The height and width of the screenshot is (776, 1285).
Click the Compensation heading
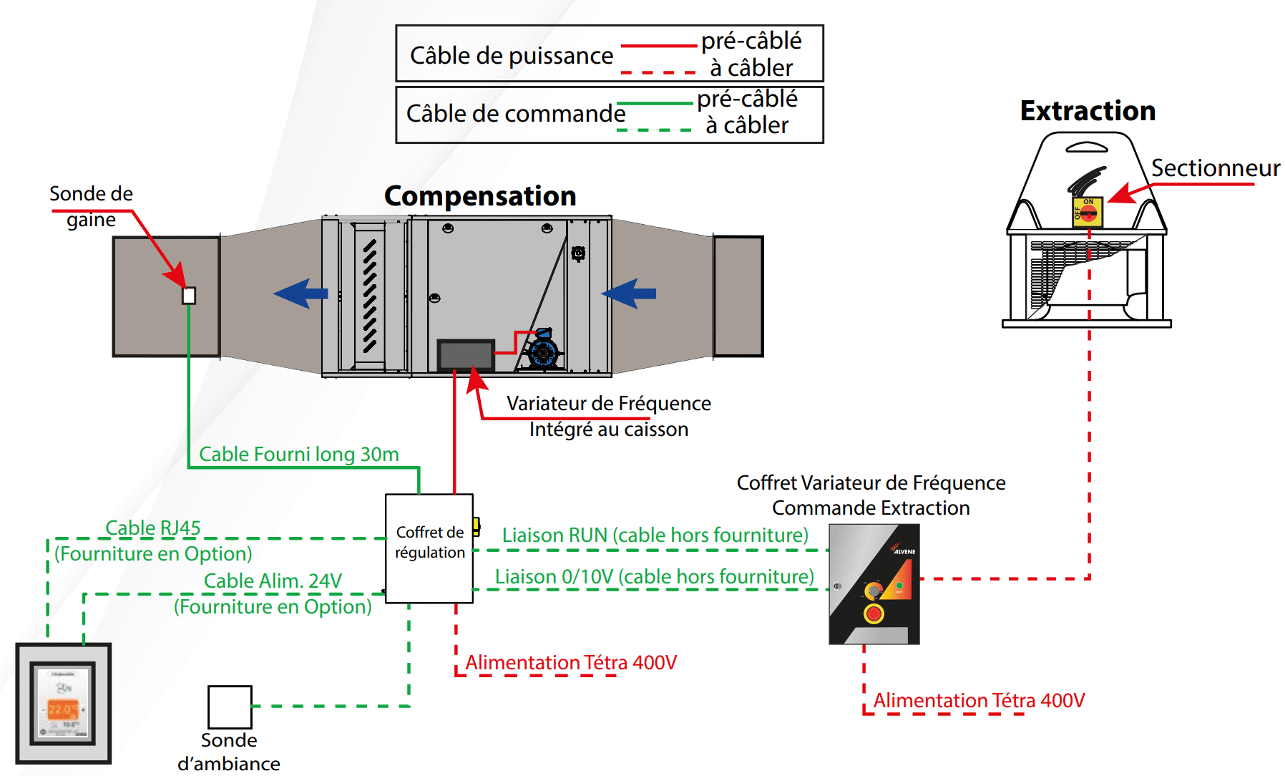click(480, 196)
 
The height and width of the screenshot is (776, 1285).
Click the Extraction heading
click(1088, 111)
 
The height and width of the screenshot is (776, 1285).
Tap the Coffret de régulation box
click(429, 548)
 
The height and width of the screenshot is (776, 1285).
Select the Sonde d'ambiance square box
click(230, 707)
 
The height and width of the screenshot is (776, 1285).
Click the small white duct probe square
click(189, 296)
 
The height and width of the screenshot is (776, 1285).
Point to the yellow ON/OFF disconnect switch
click(1087, 212)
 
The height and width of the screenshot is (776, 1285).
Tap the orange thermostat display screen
click(62, 709)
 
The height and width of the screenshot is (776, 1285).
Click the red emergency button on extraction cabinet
click(874, 613)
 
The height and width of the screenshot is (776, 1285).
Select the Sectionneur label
click(1215, 168)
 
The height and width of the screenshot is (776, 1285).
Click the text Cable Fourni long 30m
click(298, 454)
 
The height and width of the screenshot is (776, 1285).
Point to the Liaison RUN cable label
click(655, 535)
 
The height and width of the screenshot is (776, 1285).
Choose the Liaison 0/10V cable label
click(655, 577)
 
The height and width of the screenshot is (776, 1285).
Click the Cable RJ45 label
click(152, 528)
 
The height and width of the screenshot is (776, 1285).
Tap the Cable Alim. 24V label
click(273, 581)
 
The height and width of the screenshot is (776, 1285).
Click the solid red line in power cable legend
click(658, 46)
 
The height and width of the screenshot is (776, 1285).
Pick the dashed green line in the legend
click(655, 130)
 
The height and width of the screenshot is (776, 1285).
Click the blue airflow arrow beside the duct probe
click(301, 294)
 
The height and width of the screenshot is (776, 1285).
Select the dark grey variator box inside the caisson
click(466, 355)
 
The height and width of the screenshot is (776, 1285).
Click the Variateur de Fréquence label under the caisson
click(608, 404)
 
